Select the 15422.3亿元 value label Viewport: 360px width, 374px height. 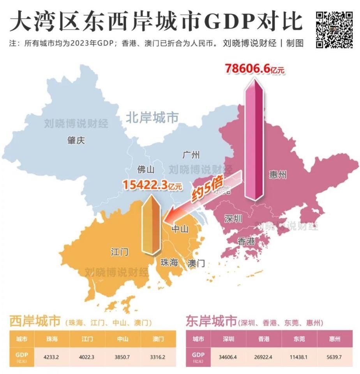point(152,185)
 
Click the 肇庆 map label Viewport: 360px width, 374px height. point(76,141)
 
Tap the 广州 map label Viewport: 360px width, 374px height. point(191,155)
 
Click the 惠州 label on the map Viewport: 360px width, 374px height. point(277,175)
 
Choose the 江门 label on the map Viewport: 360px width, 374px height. point(119,252)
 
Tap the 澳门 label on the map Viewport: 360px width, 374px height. point(196,263)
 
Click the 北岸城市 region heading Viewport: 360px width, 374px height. point(152,118)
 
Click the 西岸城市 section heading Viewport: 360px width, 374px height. point(35,321)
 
